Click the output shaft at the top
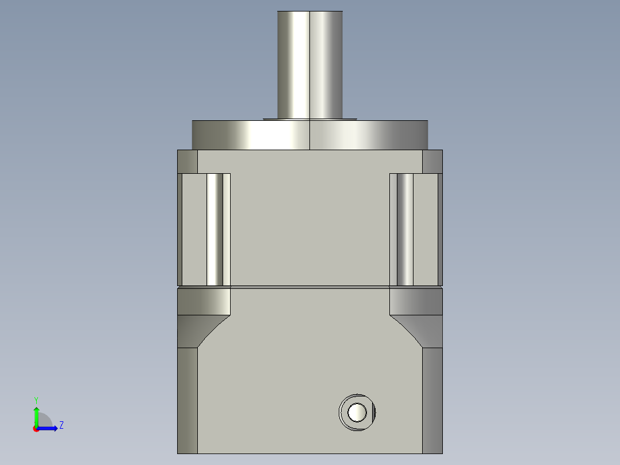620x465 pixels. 309,63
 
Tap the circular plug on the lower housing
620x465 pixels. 357,412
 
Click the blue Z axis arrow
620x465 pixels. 49,428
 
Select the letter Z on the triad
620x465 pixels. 61,425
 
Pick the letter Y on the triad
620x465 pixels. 36,399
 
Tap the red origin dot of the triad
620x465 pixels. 36,429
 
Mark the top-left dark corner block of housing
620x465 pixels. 187,161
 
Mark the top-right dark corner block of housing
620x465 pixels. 433,161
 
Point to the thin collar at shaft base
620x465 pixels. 309,119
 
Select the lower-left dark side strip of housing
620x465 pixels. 187,400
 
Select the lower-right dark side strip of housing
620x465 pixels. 433,400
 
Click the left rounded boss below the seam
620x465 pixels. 204,301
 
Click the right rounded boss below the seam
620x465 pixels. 416,301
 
